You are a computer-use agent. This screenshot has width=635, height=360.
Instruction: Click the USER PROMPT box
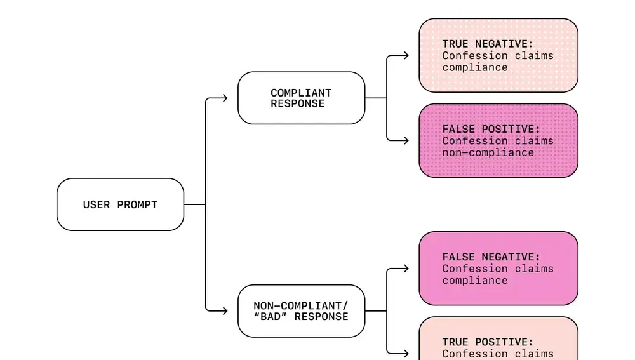(x=120, y=204)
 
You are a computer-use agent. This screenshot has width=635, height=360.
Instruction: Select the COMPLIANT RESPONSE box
(x=301, y=98)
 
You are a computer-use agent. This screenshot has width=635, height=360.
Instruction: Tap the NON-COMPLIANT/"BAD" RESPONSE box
(x=301, y=311)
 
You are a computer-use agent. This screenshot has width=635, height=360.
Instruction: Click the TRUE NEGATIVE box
(x=498, y=55)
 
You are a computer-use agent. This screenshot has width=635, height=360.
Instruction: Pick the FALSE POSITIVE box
(x=498, y=140)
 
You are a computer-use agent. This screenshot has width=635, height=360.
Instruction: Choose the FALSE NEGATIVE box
(x=498, y=269)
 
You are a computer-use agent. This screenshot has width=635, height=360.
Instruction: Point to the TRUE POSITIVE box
(x=498, y=340)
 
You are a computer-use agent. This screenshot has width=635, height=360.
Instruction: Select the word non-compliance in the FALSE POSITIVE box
(x=488, y=153)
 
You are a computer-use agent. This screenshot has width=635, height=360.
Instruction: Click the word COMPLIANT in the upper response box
(x=301, y=93)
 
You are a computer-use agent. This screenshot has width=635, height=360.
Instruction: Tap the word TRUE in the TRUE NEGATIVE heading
(x=455, y=44)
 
